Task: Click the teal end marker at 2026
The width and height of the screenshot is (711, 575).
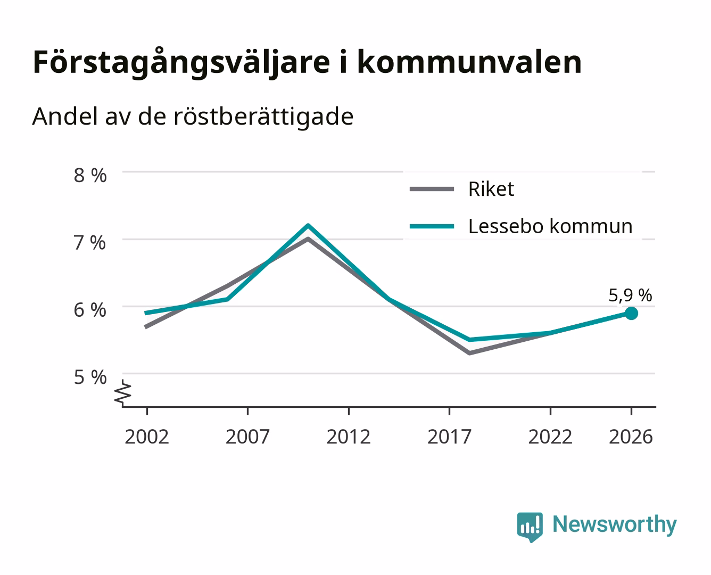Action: click(631, 313)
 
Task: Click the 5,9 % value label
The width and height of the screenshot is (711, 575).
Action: click(630, 295)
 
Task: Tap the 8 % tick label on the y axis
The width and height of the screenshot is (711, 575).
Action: click(90, 175)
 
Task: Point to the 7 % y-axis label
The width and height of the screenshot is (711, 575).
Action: click(90, 243)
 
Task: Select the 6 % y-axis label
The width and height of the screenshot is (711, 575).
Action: click(90, 310)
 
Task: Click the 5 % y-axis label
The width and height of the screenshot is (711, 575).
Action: click(90, 377)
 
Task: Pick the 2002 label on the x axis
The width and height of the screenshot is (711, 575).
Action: click(147, 437)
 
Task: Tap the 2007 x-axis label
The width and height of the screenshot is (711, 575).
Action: click(247, 437)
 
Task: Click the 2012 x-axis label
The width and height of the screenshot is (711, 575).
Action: click(349, 437)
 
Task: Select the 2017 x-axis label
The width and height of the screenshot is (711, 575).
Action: click(449, 437)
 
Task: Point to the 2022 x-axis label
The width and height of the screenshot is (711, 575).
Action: click(550, 437)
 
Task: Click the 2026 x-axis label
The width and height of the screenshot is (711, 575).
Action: click(631, 437)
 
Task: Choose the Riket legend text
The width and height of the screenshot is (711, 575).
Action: click(491, 189)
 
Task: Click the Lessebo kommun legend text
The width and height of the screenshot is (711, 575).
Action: click(550, 226)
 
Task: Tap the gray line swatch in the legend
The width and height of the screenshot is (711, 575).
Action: click(432, 189)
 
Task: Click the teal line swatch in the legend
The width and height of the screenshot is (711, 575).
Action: click(432, 226)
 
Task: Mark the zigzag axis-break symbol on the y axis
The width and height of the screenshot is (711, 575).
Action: click(123, 392)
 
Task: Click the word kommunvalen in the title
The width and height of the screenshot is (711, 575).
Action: click(470, 62)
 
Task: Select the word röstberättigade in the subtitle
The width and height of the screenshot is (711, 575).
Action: click(263, 117)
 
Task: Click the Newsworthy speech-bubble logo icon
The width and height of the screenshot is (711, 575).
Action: click(530, 527)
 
